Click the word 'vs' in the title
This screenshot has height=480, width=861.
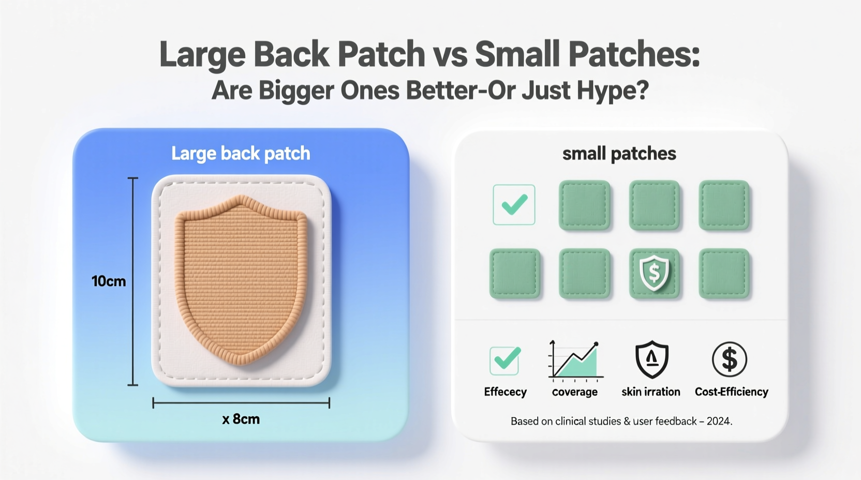pyautogui.click(x=449, y=54)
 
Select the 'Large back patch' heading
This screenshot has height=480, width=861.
pyautogui.click(x=241, y=154)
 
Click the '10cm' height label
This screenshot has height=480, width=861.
pyautogui.click(x=109, y=281)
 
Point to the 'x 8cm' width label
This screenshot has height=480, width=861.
pyautogui.click(x=241, y=419)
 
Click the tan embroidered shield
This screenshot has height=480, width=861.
pyautogui.click(x=241, y=279)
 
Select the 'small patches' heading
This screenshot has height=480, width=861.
pyautogui.click(x=619, y=154)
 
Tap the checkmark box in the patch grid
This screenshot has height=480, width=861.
pyautogui.click(x=514, y=205)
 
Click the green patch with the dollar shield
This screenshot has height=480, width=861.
pyautogui.click(x=654, y=274)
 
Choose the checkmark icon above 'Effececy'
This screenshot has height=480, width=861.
pyautogui.click(x=504, y=361)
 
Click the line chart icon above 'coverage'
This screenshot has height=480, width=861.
pyautogui.click(x=575, y=360)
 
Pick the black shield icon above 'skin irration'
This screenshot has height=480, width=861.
pyautogui.click(x=651, y=359)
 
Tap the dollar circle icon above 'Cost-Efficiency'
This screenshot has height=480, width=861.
pyautogui.click(x=729, y=359)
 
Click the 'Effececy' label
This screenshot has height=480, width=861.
pyautogui.click(x=505, y=392)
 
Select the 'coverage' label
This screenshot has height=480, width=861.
pyautogui.click(x=575, y=392)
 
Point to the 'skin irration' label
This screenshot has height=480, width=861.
pyautogui.click(x=651, y=392)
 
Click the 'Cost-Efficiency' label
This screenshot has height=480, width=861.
pyautogui.click(x=731, y=392)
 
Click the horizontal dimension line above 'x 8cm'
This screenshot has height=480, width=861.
pyautogui.click(x=241, y=403)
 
